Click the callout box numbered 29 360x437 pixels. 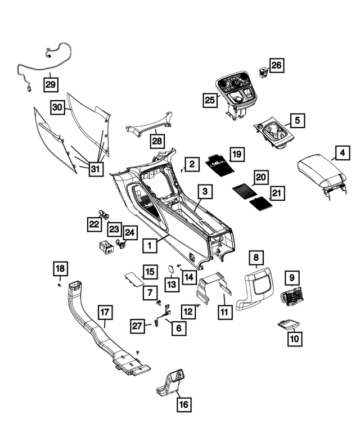click(52, 85)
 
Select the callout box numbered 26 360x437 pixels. click(276, 65)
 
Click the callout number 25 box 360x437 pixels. click(210, 100)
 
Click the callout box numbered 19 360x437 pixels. click(236, 154)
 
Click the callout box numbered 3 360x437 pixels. click(205, 192)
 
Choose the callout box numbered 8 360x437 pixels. click(256, 258)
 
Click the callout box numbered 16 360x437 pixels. click(184, 404)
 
